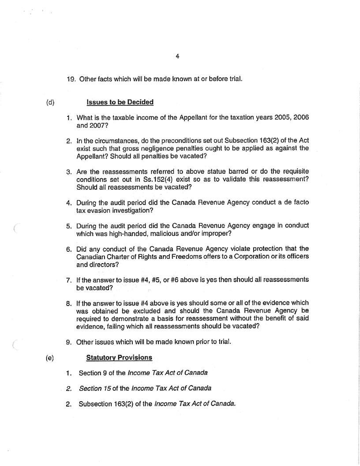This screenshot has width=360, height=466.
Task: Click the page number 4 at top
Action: click(x=177, y=56)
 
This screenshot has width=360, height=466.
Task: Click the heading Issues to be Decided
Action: click(x=120, y=102)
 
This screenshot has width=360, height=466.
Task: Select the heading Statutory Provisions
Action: click(x=119, y=357)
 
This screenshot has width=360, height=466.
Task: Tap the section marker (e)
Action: click(x=50, y=358)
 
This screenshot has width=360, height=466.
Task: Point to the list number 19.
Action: click(x=71, y=79)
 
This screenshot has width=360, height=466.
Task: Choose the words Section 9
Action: click(x=94, y=373)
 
